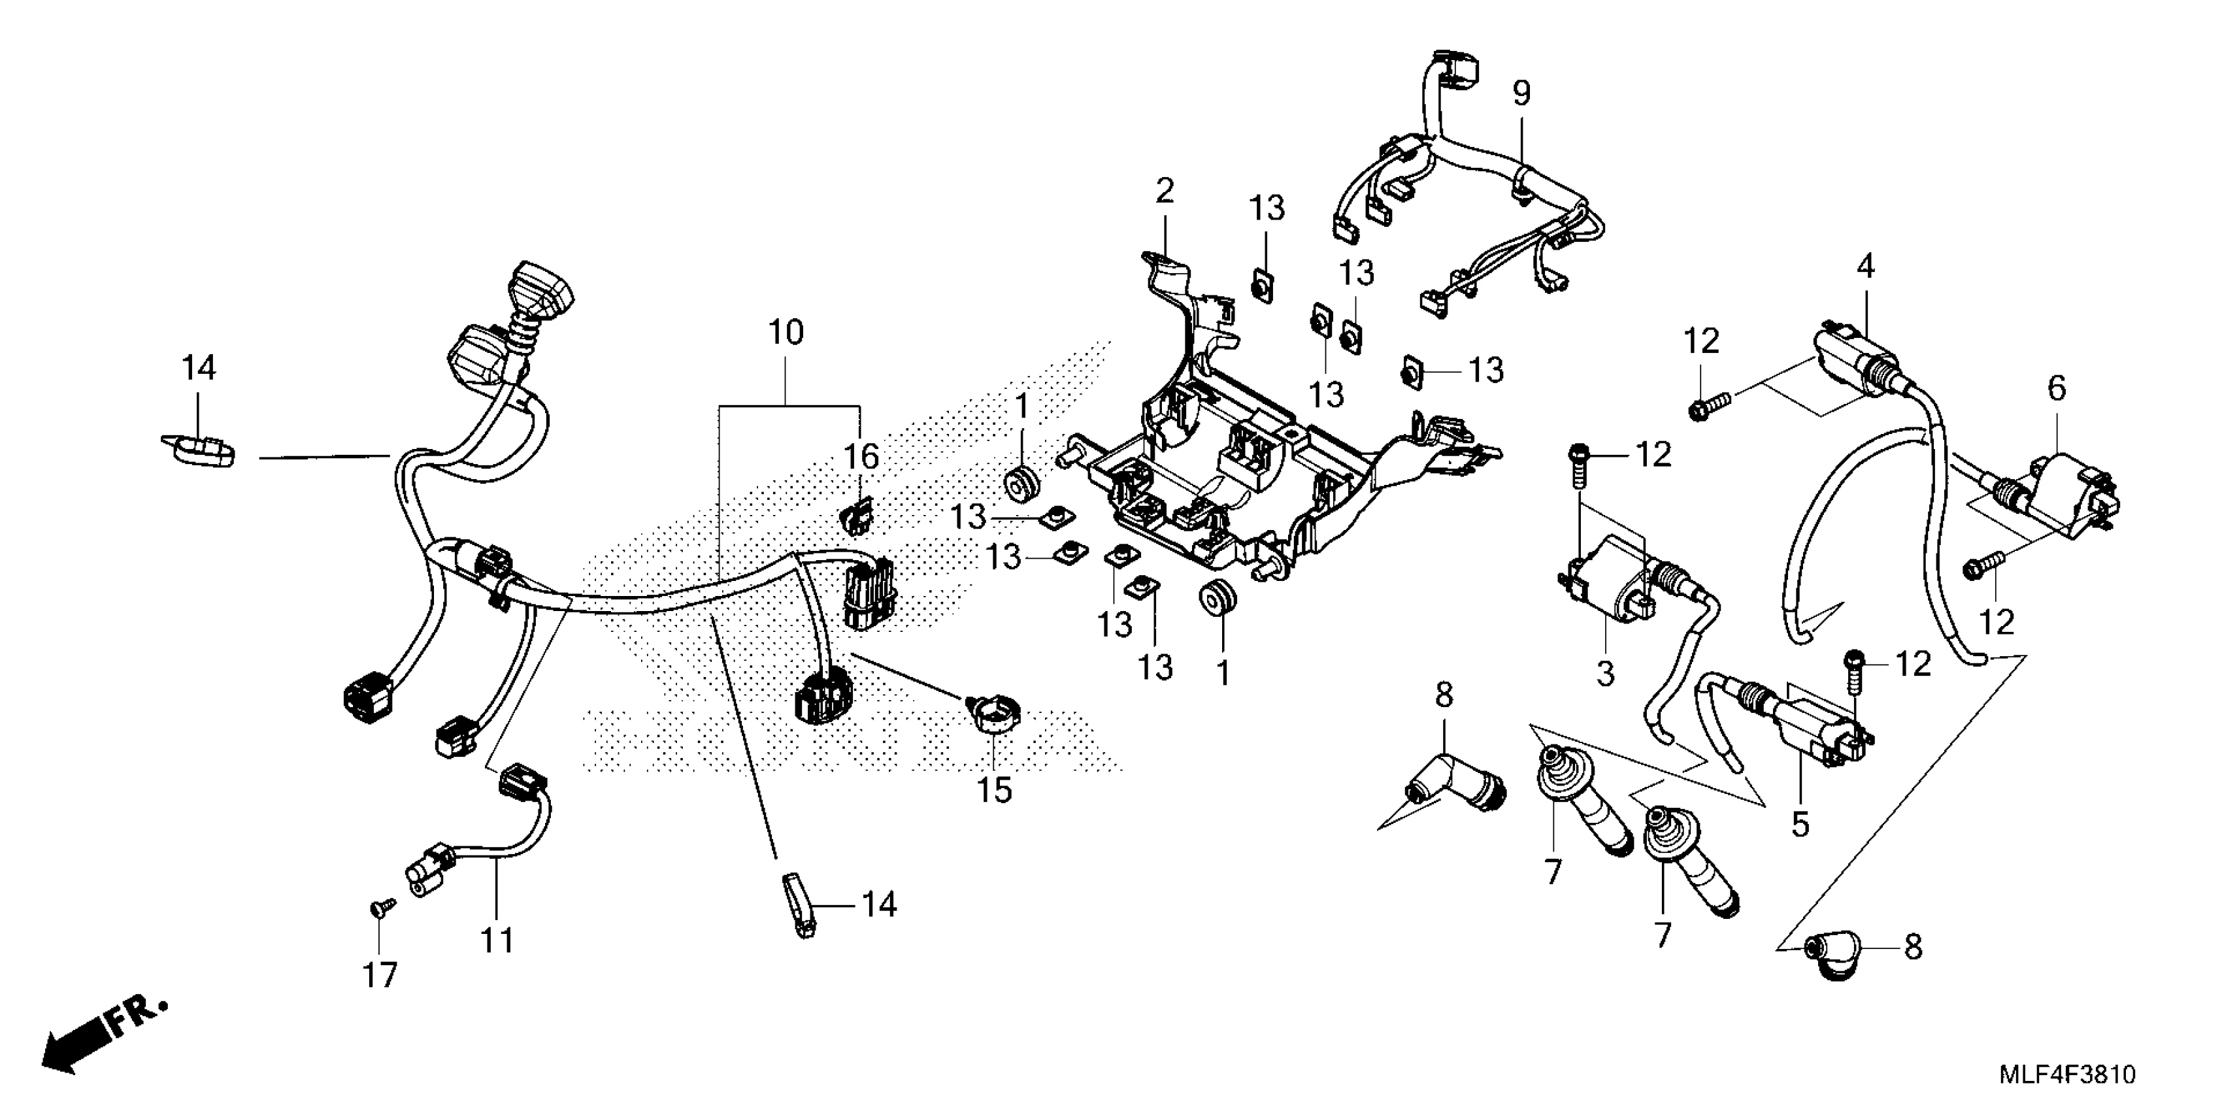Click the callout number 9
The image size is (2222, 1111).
pyautogui.click(x=1521, y=94)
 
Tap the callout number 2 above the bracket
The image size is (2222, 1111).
pyautogui.click(x=1165, y=191)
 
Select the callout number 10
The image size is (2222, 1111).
pyautogui.click(x=786, y=333)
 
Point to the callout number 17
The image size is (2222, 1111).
pyautogui.click(x=380, y=976)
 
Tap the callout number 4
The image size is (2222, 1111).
pyautogui.click(x=1866, y=268)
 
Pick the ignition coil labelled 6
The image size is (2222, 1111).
pyautogui.click(x=2070, y=501)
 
